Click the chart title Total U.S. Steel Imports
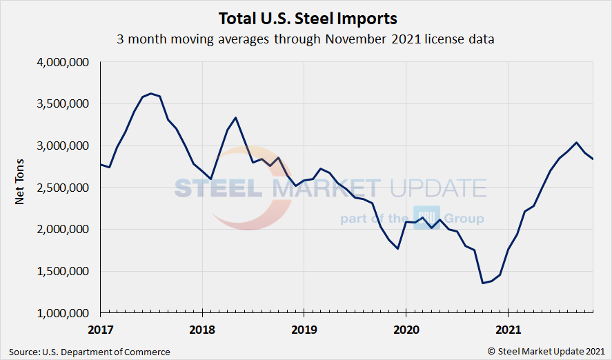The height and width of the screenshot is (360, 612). pos(308,17)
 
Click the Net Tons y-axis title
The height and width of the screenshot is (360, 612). pos(20,188)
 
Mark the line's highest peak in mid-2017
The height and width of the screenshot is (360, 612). pos(151,93)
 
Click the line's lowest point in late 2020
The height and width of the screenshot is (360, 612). pos(482,283)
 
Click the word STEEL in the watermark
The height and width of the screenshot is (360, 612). pos(216,188)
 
